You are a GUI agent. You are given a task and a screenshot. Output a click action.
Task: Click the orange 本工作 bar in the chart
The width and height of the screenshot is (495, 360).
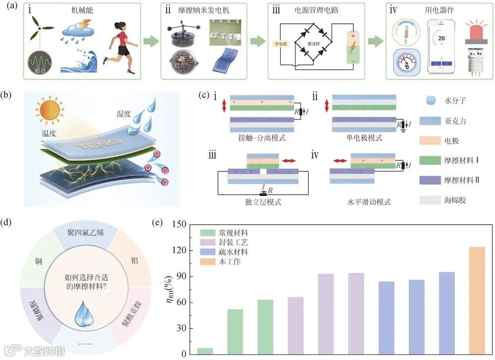pyautogui.click(x=477, y=300)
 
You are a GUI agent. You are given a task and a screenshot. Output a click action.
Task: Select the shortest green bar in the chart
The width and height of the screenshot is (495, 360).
pyautogui.click(x=205, y=351)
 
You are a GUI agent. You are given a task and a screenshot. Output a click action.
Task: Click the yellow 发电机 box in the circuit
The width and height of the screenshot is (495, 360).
pyautogui.click(x=281, y=44)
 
